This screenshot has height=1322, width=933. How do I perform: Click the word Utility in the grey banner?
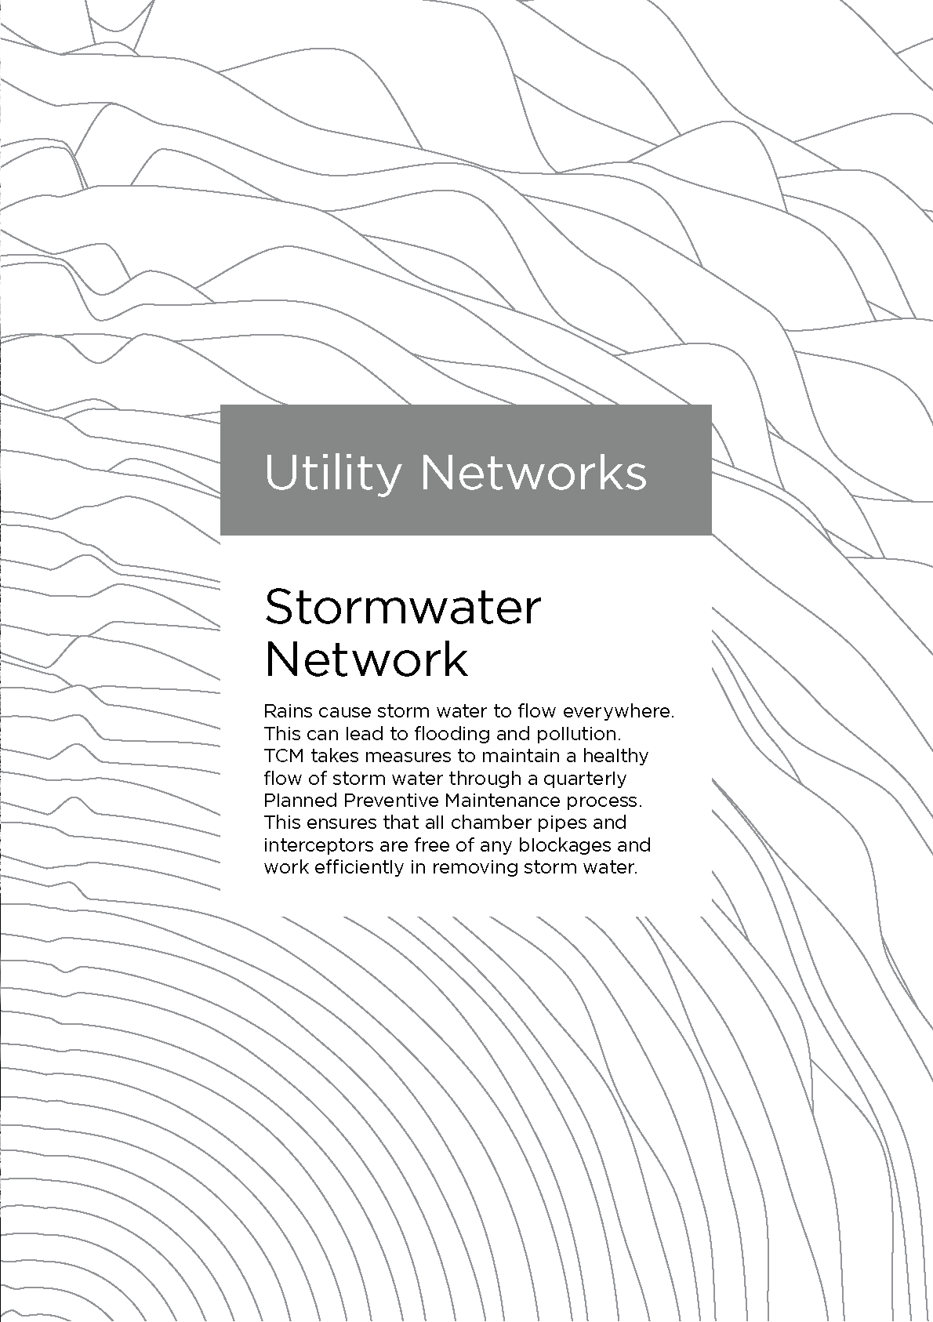click(333, 473)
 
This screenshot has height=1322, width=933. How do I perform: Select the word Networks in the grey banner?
click(533, 473)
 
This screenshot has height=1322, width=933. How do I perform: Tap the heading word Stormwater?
click(402, 607)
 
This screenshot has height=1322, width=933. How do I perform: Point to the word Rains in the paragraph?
click(288, 712)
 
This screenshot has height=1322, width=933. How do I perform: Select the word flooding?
click(452, 734)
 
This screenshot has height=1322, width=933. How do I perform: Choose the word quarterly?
click(584, 779)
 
